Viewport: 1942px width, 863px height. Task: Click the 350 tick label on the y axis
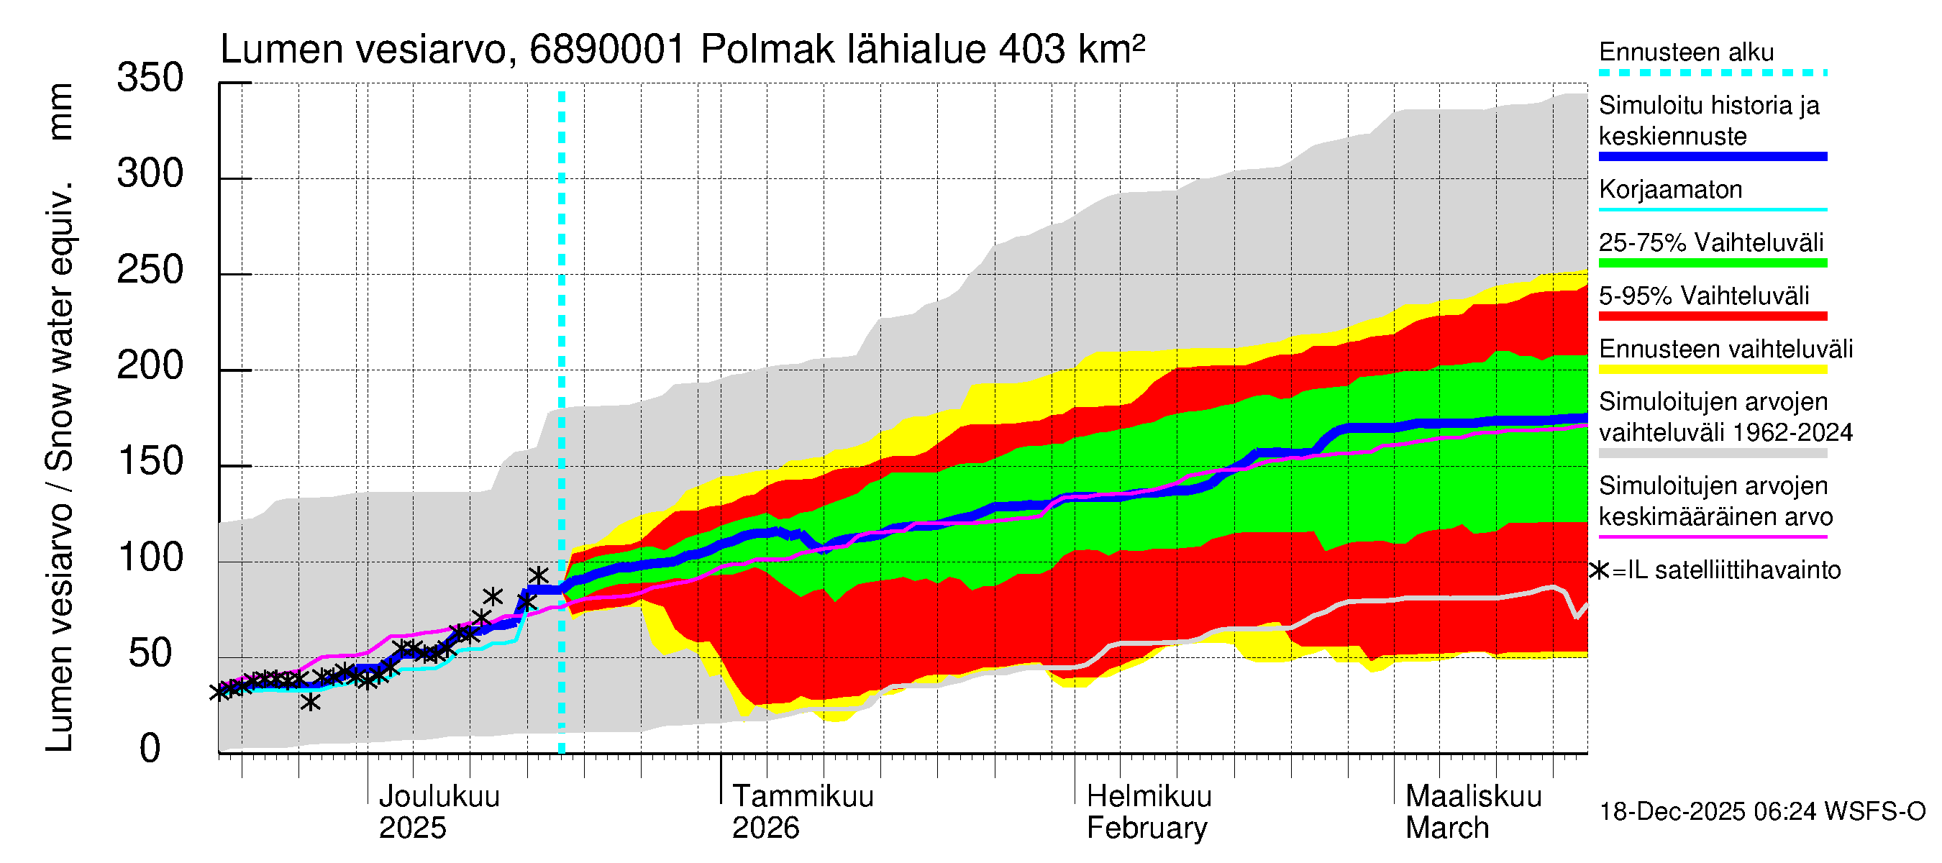(x=150, y=78)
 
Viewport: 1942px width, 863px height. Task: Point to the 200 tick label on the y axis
(x=150, y=366)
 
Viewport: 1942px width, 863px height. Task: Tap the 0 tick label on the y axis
(x=150, y=749)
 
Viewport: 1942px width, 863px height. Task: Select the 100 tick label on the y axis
(x=150, y=558)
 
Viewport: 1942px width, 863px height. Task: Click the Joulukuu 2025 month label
(x=438, y=812)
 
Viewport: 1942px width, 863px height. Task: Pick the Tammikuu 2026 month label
(x=802, y=812)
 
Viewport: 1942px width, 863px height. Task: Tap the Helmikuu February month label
(x=1148, y=812)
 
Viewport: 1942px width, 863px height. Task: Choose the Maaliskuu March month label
(x=1473, y=812)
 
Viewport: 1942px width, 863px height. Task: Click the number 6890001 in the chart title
(x=607, y=50)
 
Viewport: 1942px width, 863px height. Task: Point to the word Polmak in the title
(x=767, y=50)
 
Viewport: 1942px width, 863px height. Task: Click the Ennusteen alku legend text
(x=1686, y=52)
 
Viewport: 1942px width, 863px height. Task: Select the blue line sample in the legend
(x=1712, y=157)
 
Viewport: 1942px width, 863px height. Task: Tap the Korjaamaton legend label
(x=1670, y=189)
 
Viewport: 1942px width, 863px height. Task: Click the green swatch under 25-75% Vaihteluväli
(x=1712, y=263)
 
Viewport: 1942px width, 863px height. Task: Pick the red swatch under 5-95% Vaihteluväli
(x=1712, y=316)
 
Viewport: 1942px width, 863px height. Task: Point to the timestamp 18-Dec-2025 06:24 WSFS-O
(x=1761, y=812)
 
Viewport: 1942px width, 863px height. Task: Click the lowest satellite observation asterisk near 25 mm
(x=310, y=702)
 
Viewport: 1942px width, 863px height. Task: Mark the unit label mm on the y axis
(x=60, y=111)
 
